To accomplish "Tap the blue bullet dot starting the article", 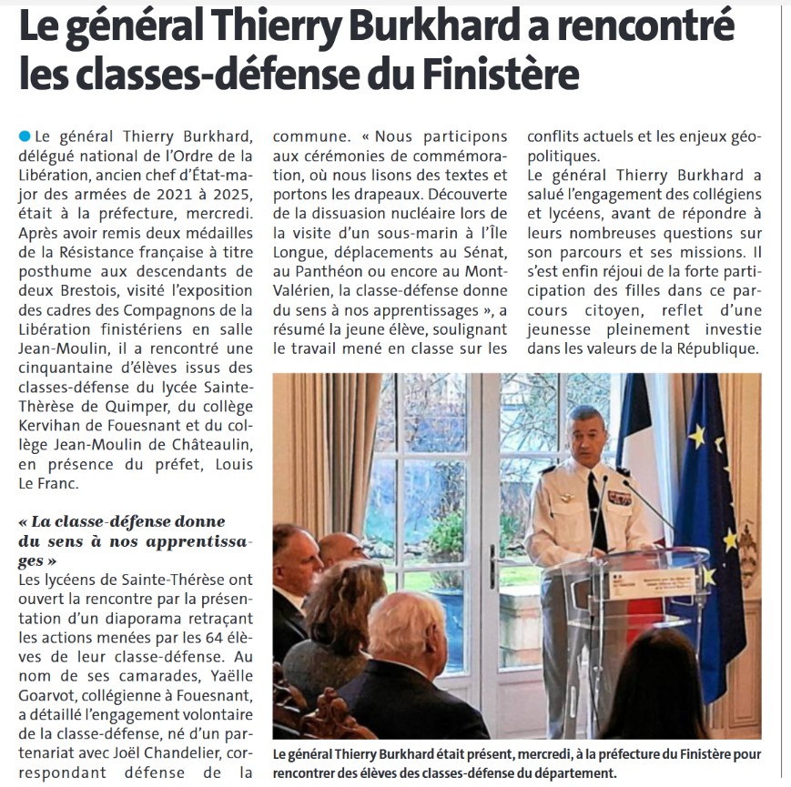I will click(24, 136).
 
